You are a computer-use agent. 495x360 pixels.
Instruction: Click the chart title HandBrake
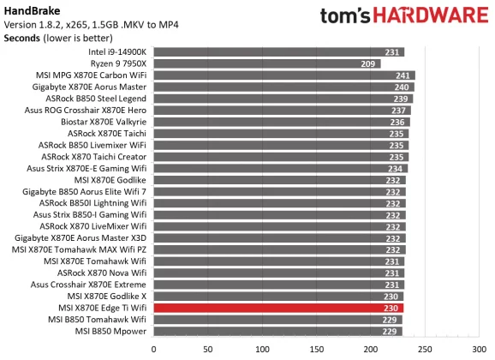coord(29,9)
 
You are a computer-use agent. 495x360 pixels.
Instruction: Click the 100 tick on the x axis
coord(262,349)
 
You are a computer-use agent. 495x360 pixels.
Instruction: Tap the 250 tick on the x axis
coord(425,349)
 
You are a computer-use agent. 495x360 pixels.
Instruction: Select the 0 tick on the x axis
coord(153,349)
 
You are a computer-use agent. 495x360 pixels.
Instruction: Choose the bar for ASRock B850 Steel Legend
coord(283,99)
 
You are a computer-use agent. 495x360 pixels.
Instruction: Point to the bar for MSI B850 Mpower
coord(277,331)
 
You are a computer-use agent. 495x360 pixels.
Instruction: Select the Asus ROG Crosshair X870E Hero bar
coord(282,110)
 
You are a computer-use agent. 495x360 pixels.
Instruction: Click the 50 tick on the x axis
coord(207,349)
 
